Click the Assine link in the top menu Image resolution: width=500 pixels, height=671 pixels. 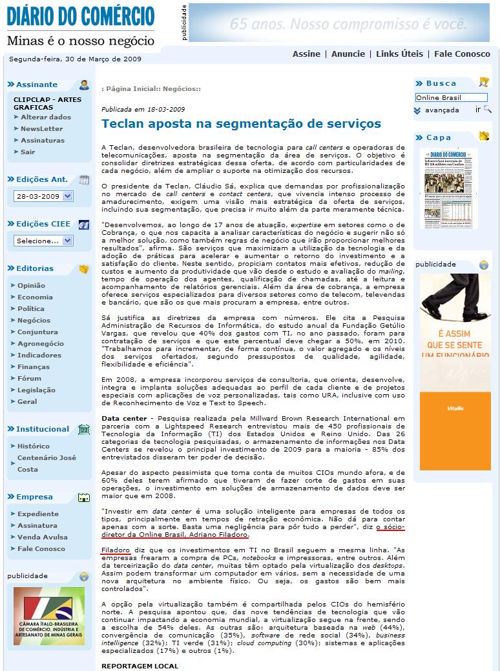tap(306, 54)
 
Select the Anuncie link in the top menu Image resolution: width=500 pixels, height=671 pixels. tap(348, 54)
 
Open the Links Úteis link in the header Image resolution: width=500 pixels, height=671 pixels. tap(399, 54)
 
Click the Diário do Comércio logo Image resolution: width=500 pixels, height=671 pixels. tap(81, 26)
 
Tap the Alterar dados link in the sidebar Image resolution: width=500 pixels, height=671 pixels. tap(46, 117)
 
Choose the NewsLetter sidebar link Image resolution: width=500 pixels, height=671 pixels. tap(41, 129)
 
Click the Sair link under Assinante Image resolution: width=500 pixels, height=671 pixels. tap(28, 152)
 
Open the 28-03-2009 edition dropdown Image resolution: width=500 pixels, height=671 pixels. tap(43, 197)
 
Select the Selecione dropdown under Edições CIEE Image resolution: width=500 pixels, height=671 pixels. tap(43, 241)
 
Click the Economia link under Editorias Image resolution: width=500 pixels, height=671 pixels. tap(35, 297)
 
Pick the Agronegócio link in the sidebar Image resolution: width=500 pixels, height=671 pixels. tap(41, 344)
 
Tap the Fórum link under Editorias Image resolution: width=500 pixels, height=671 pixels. tap(29, 379)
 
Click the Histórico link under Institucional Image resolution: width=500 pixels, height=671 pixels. tap(34, 446)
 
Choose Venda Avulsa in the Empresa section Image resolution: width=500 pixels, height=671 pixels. tap(42, 537)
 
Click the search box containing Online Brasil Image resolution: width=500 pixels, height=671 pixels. tap(450, 97)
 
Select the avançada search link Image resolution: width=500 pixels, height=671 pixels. tap(442, 110)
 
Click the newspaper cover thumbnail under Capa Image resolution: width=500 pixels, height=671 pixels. tap(448, 188)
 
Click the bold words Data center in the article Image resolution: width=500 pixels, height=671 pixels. tap(123, 419)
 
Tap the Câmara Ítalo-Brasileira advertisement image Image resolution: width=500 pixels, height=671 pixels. tap(48, 616)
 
